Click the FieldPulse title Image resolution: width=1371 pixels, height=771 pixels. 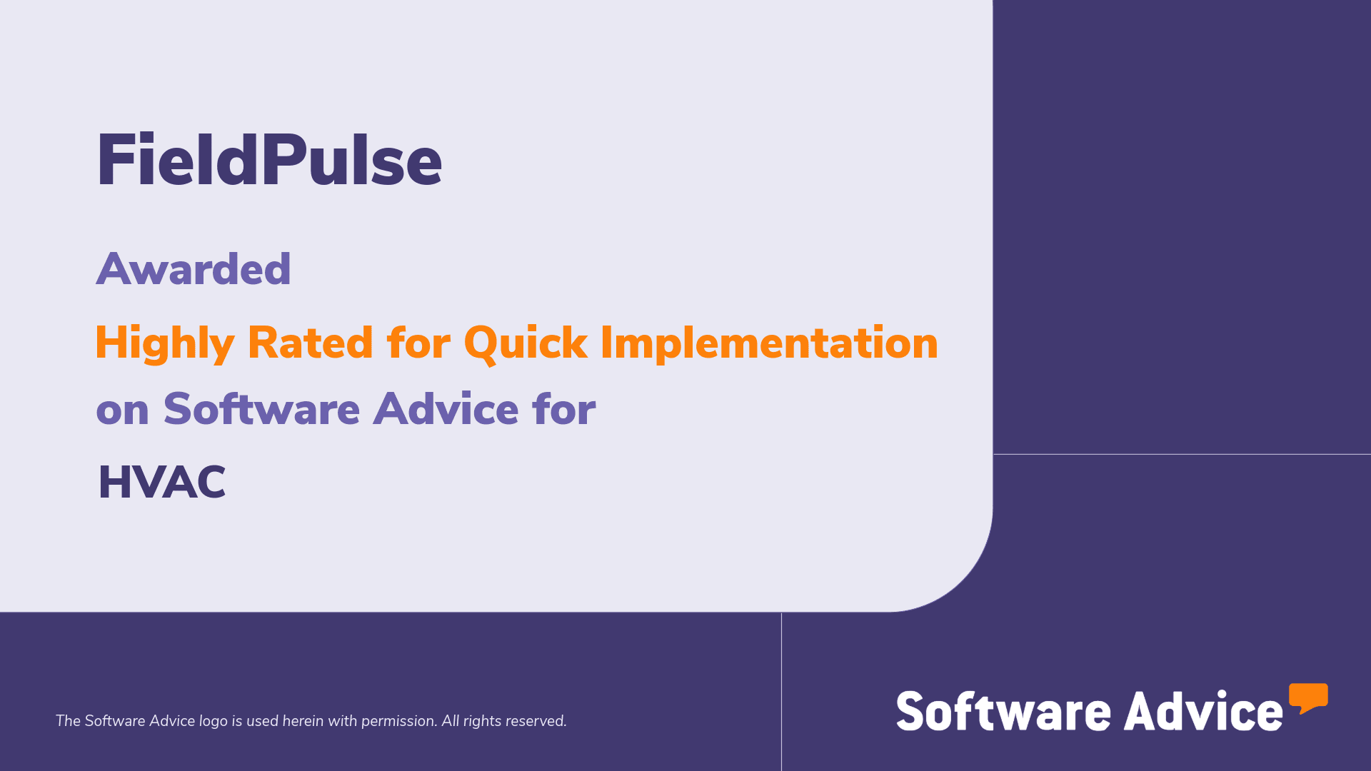[x=269, y=161]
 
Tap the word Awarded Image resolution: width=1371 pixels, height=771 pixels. [x=194, y=270]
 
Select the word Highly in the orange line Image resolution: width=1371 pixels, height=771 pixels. [x=164, y=343]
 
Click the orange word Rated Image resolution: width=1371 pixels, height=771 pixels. [x=310, y=343]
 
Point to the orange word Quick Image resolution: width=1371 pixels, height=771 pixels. [x=526, y=343]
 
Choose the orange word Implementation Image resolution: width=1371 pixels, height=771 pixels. [x=769, y=343]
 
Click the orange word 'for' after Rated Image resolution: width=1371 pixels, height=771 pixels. [x=418, y=343]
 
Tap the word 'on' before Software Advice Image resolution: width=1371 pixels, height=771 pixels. [x=122, y=410]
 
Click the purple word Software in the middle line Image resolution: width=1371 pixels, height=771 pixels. [x=261, y=409]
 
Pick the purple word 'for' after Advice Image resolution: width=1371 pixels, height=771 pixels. [x=563, y=409]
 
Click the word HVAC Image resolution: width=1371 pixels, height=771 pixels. [x=162, y=482]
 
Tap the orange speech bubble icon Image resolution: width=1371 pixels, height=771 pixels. [x=1308, y=697]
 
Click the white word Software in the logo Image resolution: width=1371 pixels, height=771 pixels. [x=1003, y=711]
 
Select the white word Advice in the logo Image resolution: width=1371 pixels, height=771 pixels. [x=1203, y=711]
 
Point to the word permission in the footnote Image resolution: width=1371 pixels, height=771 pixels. [x=398, y=721]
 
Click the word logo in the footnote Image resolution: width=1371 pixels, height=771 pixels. [x=213, y=721]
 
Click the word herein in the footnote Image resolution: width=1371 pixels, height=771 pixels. [x=303, y=721]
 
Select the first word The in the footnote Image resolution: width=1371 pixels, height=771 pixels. [x=68, y=721]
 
